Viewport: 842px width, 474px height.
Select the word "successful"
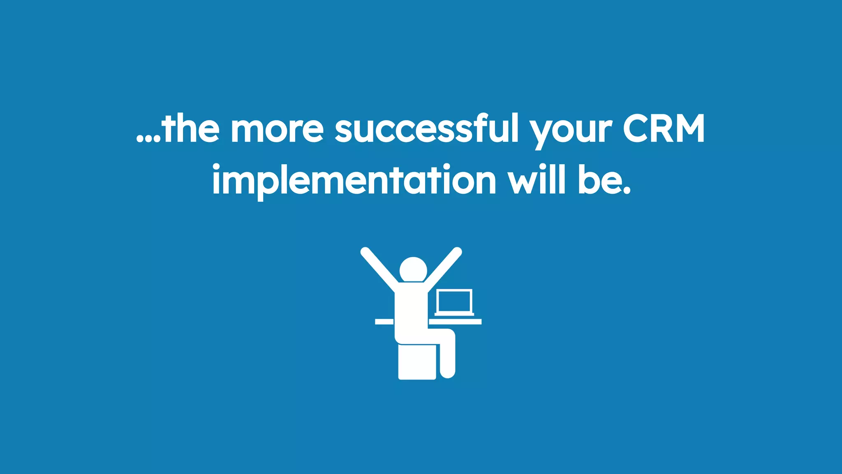(427, 129)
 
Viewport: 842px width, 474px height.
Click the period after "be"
(626, 191)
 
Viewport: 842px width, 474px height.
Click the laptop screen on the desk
(454, 301)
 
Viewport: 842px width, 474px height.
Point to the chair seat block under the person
(416, 362)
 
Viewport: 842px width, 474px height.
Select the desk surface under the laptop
(456, 321)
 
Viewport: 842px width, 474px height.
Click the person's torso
(409, 313)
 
